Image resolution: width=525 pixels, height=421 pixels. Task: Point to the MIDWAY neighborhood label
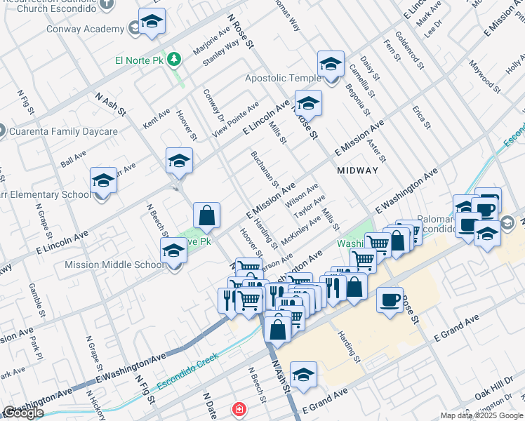click(x=357, y=171)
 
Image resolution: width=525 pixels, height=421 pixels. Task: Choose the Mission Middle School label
click(x=114, y=265)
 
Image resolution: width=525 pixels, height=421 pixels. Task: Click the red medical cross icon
click(x=239, y=408)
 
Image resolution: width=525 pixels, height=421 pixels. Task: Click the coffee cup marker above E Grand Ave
click(x=390, y=300)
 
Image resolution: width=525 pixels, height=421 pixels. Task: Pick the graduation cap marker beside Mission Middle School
click(x=173, y=250)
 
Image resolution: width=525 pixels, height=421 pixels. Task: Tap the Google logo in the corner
click(x=22, y=412)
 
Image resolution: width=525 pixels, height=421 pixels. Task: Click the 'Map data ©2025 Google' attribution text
click(x=481, y=415)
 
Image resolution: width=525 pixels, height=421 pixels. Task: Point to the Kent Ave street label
click(x=156, y=117)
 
